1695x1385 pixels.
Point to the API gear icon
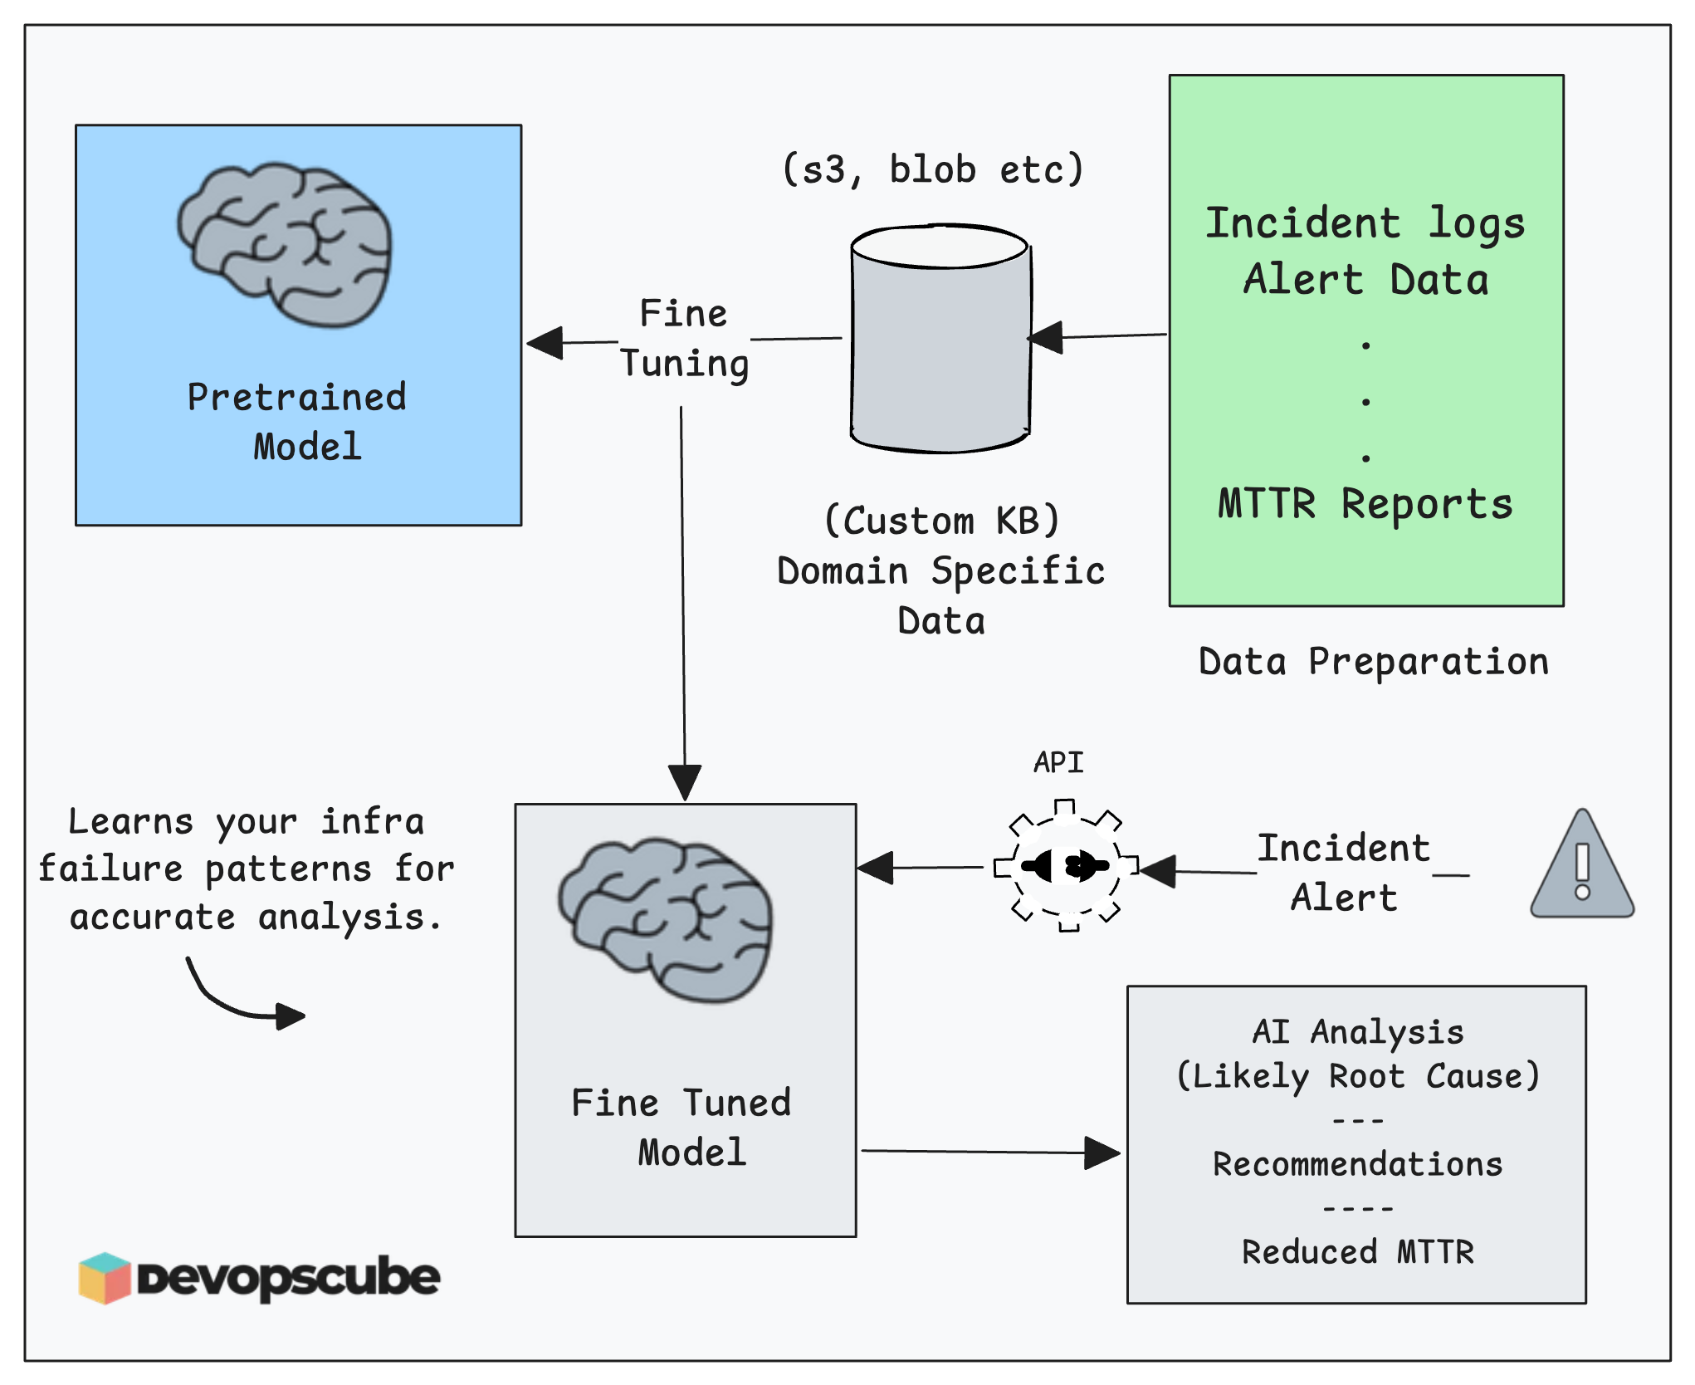(x=1067, y=866)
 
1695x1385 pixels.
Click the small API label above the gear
(x=1058, y=762)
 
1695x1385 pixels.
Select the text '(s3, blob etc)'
(x=933, y=169)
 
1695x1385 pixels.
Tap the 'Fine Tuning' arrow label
(x=684, y=339)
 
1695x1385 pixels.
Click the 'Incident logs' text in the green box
(x=1365, y=223)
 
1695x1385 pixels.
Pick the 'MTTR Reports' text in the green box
(x=1365, y=504)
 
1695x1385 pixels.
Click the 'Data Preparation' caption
(x=1374, y=662)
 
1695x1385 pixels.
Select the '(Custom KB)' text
(x=942, y=521)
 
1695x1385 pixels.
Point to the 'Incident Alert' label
(x=1344, y=873)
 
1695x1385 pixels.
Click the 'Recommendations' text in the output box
(x=1357, y=1164)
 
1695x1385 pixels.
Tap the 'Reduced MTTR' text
(x=1357, y=1252)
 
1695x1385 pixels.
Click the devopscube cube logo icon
(x=105, y=1278)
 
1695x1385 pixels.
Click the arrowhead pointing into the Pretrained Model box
(x=545, y=342)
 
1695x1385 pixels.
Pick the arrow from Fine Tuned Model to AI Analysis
(x=988, y=1153)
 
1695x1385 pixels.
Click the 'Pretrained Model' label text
(x=298, y=422)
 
